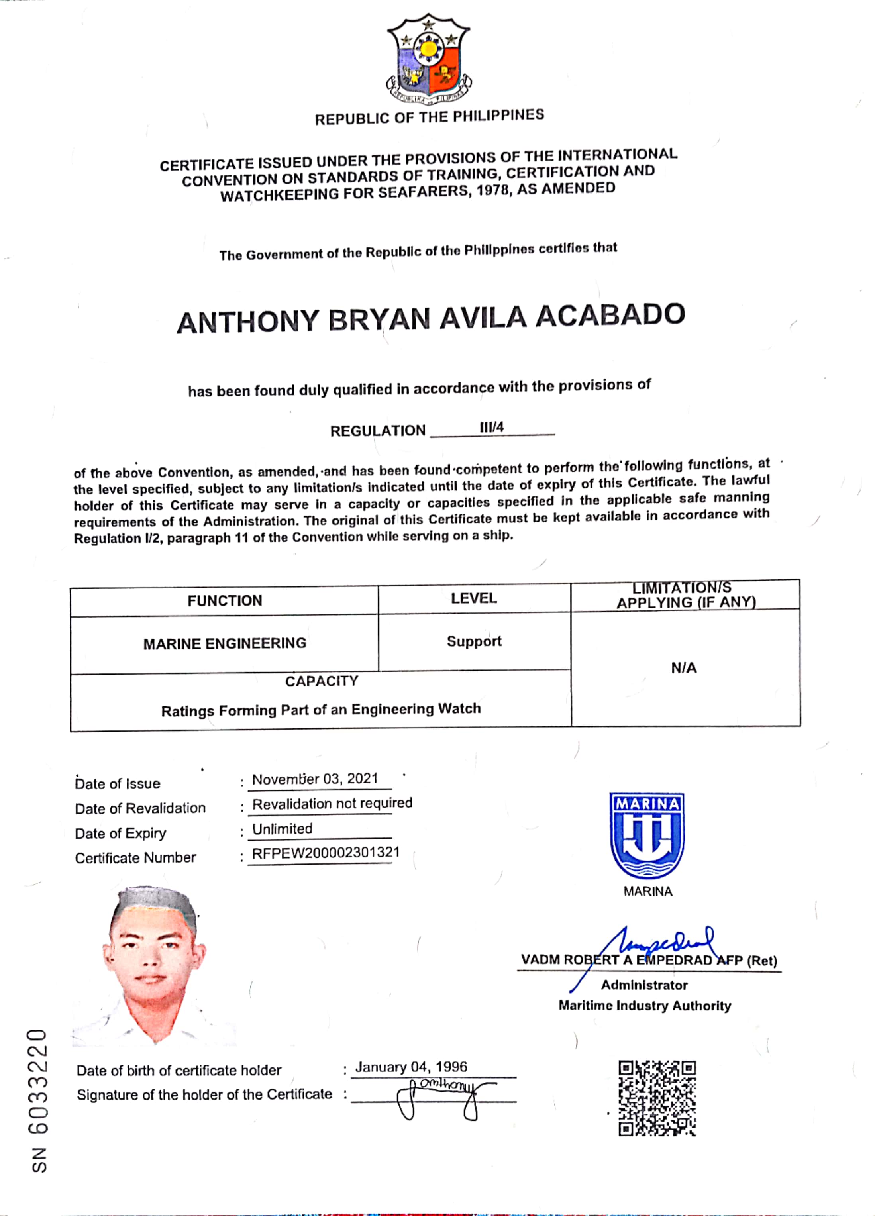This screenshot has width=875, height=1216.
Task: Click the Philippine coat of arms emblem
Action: pyautogui.click(x=428, y=59)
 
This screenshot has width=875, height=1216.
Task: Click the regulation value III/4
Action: pyautogui.click(x=492, y=428)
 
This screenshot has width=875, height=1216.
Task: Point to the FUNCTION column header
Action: pyautogui.click(x=225, y=600)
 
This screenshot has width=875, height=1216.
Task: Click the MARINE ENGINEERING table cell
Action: pyautogui.click(x=225, y=643)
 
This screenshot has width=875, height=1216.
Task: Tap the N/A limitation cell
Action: pyautogui.click(x=684, y=667)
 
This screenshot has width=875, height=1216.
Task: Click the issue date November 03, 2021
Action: pyautogui.click(x=315, y=779)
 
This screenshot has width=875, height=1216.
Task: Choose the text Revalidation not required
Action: pyautogui.click(x=332, y=803)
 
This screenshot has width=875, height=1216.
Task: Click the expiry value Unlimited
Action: pyautogui.click(x=282, y=828)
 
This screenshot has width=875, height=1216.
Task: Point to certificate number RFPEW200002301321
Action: pyautogui.click(x=326, y=853)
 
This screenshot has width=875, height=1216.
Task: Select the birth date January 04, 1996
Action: pyautogui.click(x=411, y=1067)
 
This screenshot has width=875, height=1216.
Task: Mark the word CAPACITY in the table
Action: pyautogui.click(x=322, y=681)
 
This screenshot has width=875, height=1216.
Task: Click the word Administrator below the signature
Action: pyautogui.click(x=644, y=985)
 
